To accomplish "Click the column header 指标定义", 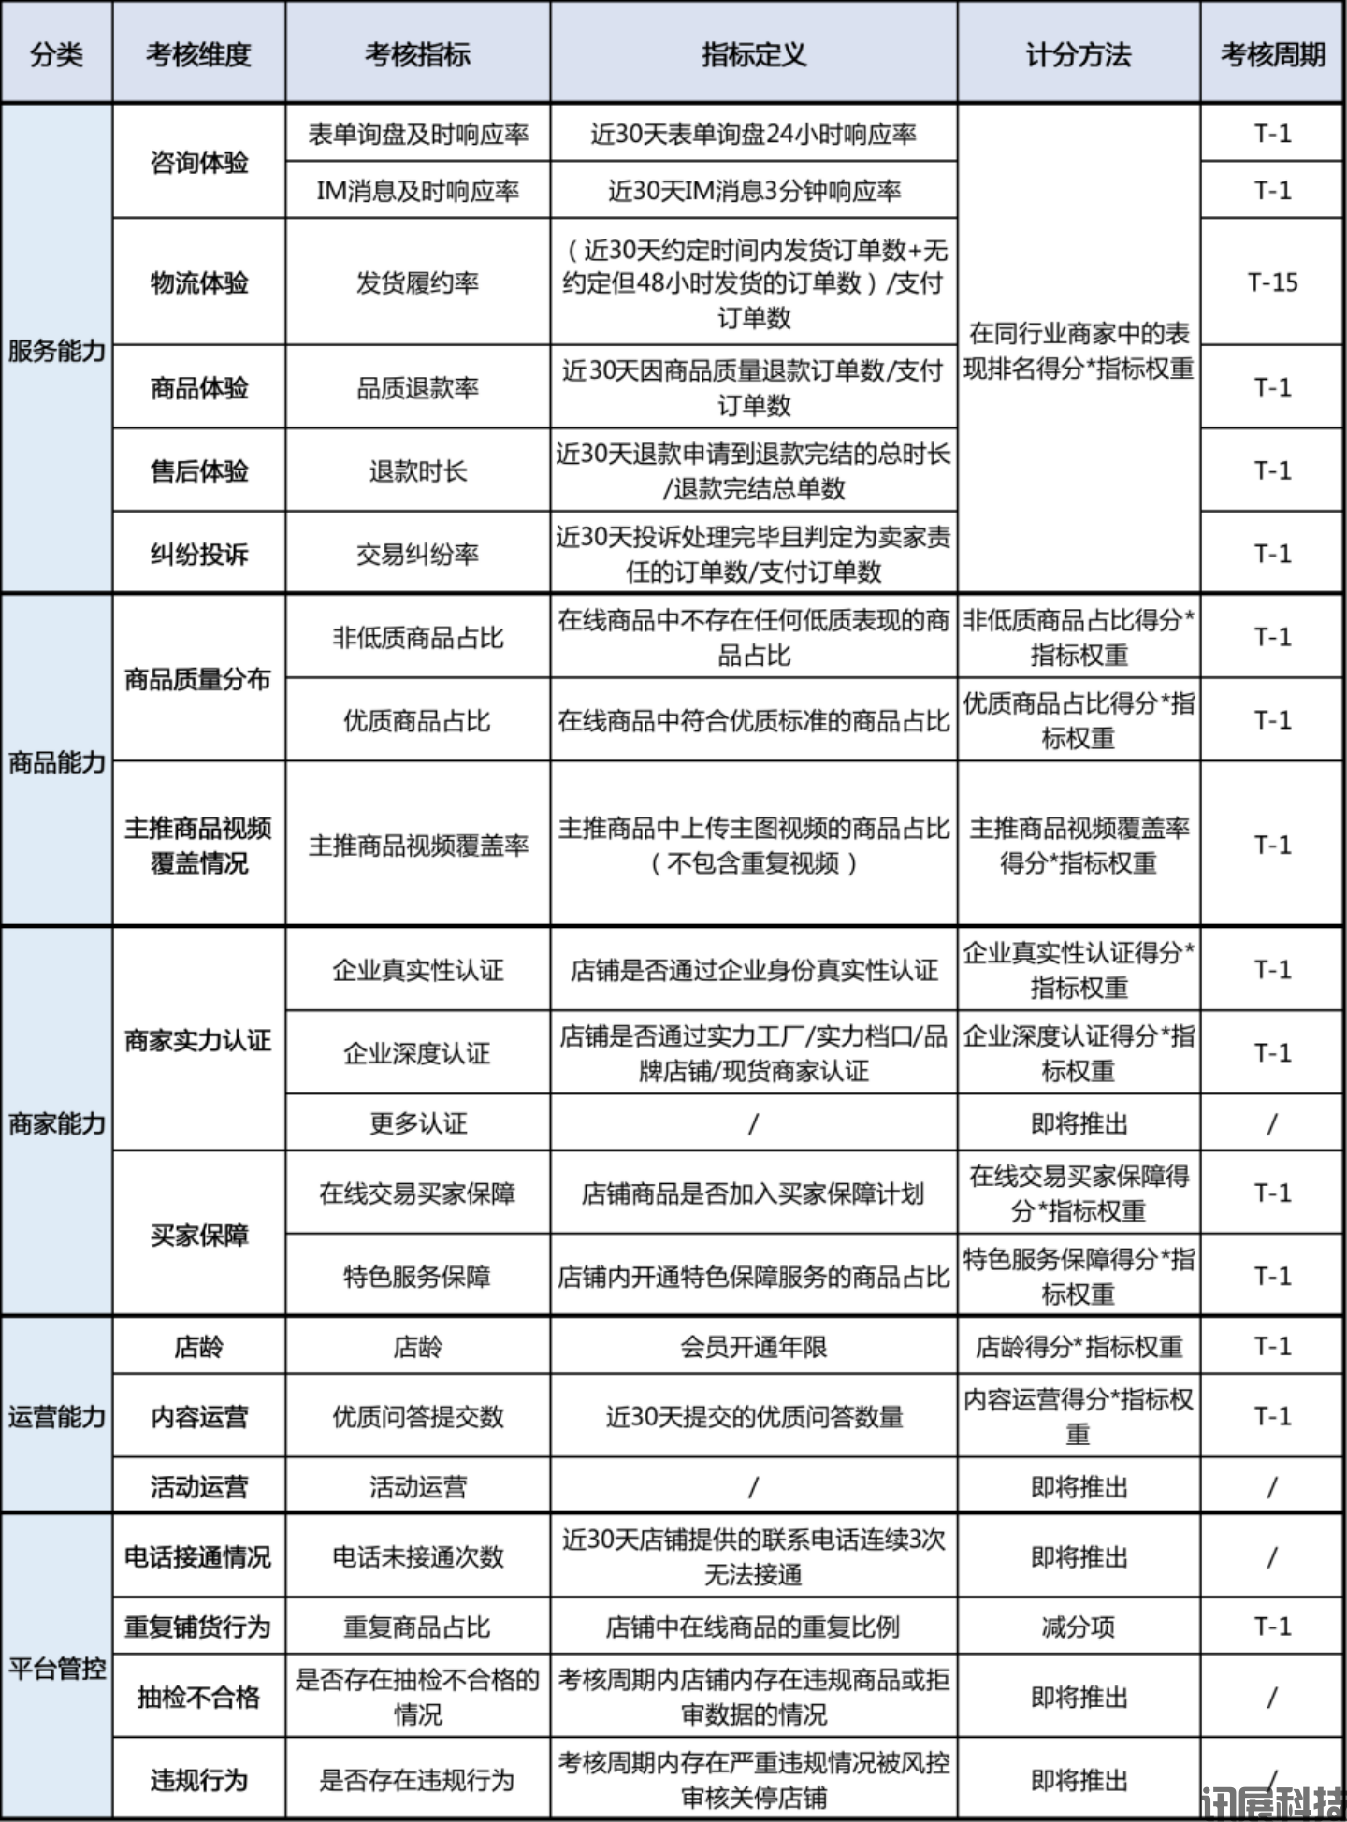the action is pyautogui.click(x=753, y=54).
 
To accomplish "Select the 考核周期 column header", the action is pyautogui.click(x=1272, y=54).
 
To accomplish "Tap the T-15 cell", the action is pyautogui.click(x=1272, y=282).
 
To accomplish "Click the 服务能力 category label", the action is pyautogui.click(x=56, y=351).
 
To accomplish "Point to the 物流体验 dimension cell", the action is pyautogui.click(x=199, y=282).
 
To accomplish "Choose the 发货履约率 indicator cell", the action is pyautogui.click(x=417, y=282).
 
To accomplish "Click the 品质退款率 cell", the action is pyautogui.click(x=417, y=387).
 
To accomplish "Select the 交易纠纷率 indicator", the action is pyautogui.click(x=417, y=554).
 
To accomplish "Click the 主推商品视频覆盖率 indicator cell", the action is pyautogui.click(x=418, y=845).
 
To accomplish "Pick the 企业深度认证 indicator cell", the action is pyautogui.click(x=417, y=1053).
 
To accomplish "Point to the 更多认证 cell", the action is pyautogui.click(x=417, y=1122).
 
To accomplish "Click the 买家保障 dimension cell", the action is pyautogui.click(x=199, y=1235).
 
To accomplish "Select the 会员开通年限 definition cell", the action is pyautogui.click(x=753, y=1346).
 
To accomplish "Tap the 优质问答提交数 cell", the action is pyautogui.click(x=417, y=1416).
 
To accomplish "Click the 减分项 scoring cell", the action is pyautogui.click(x=1078, y=1627).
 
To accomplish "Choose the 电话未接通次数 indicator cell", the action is pyautogui.click(x=417, y=1556).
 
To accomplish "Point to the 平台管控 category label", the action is pyautogui.click(x=56, y=1668).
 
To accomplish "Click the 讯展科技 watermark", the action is pyautogui.click(x=1272, y=1802).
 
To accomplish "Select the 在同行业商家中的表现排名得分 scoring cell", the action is pyautogui.click(x=1078, y=351).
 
